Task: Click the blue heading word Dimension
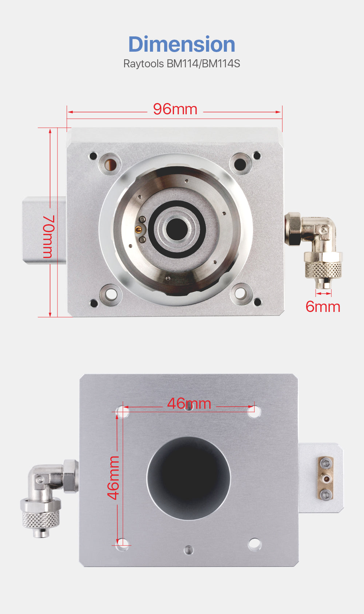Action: click(182, 44)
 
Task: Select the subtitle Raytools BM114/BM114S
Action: click(182, 64)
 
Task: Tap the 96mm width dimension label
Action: click(175, 109)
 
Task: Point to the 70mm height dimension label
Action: click(48, 237)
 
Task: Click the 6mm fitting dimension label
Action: click(323, 306)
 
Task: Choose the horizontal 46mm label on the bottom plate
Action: click(189, 404)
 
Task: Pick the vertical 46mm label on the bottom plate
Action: click(113, 478)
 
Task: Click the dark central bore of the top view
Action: click(177, 229)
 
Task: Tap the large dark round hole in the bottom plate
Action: click(189, 478)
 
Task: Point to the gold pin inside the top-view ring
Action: click(138, 229)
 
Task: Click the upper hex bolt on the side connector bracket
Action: click(325, 463)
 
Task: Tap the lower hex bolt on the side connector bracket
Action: click(325, 494)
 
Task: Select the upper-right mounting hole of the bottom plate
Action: click(254, 412)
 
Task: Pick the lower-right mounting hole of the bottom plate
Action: click(254, 544)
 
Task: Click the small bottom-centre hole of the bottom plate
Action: click(188, 550)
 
